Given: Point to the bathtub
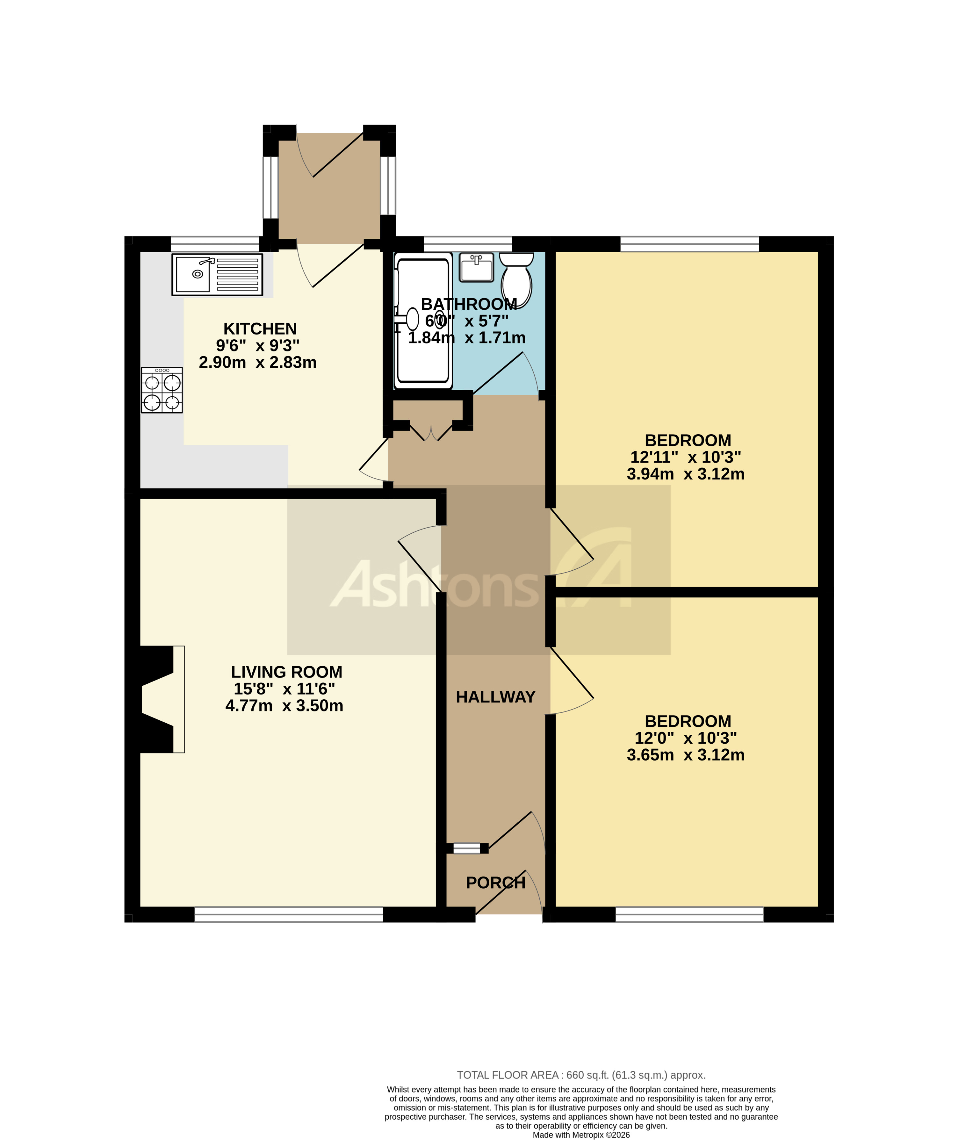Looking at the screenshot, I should (424, 321).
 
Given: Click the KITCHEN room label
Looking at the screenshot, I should (260, 328).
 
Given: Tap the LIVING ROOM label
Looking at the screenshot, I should (287, 672).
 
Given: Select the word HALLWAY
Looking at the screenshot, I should (495, 697).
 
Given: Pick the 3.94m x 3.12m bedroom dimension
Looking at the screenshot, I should (685, 474).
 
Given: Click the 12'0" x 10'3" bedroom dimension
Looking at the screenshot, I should (685, 738).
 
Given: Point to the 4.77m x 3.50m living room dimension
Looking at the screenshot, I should (284, 705).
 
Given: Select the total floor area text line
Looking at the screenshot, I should (581, 1075).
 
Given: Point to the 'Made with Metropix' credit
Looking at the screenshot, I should (581, 1135).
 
